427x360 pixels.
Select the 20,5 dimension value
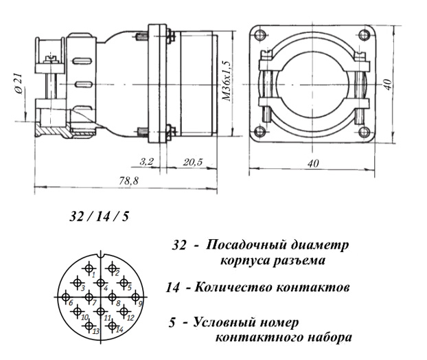[x=193, y=161]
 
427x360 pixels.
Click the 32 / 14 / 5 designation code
[x=99, y=216]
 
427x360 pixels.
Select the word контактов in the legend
[x=308, y=287]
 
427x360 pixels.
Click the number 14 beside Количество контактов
[x=173, y=287]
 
